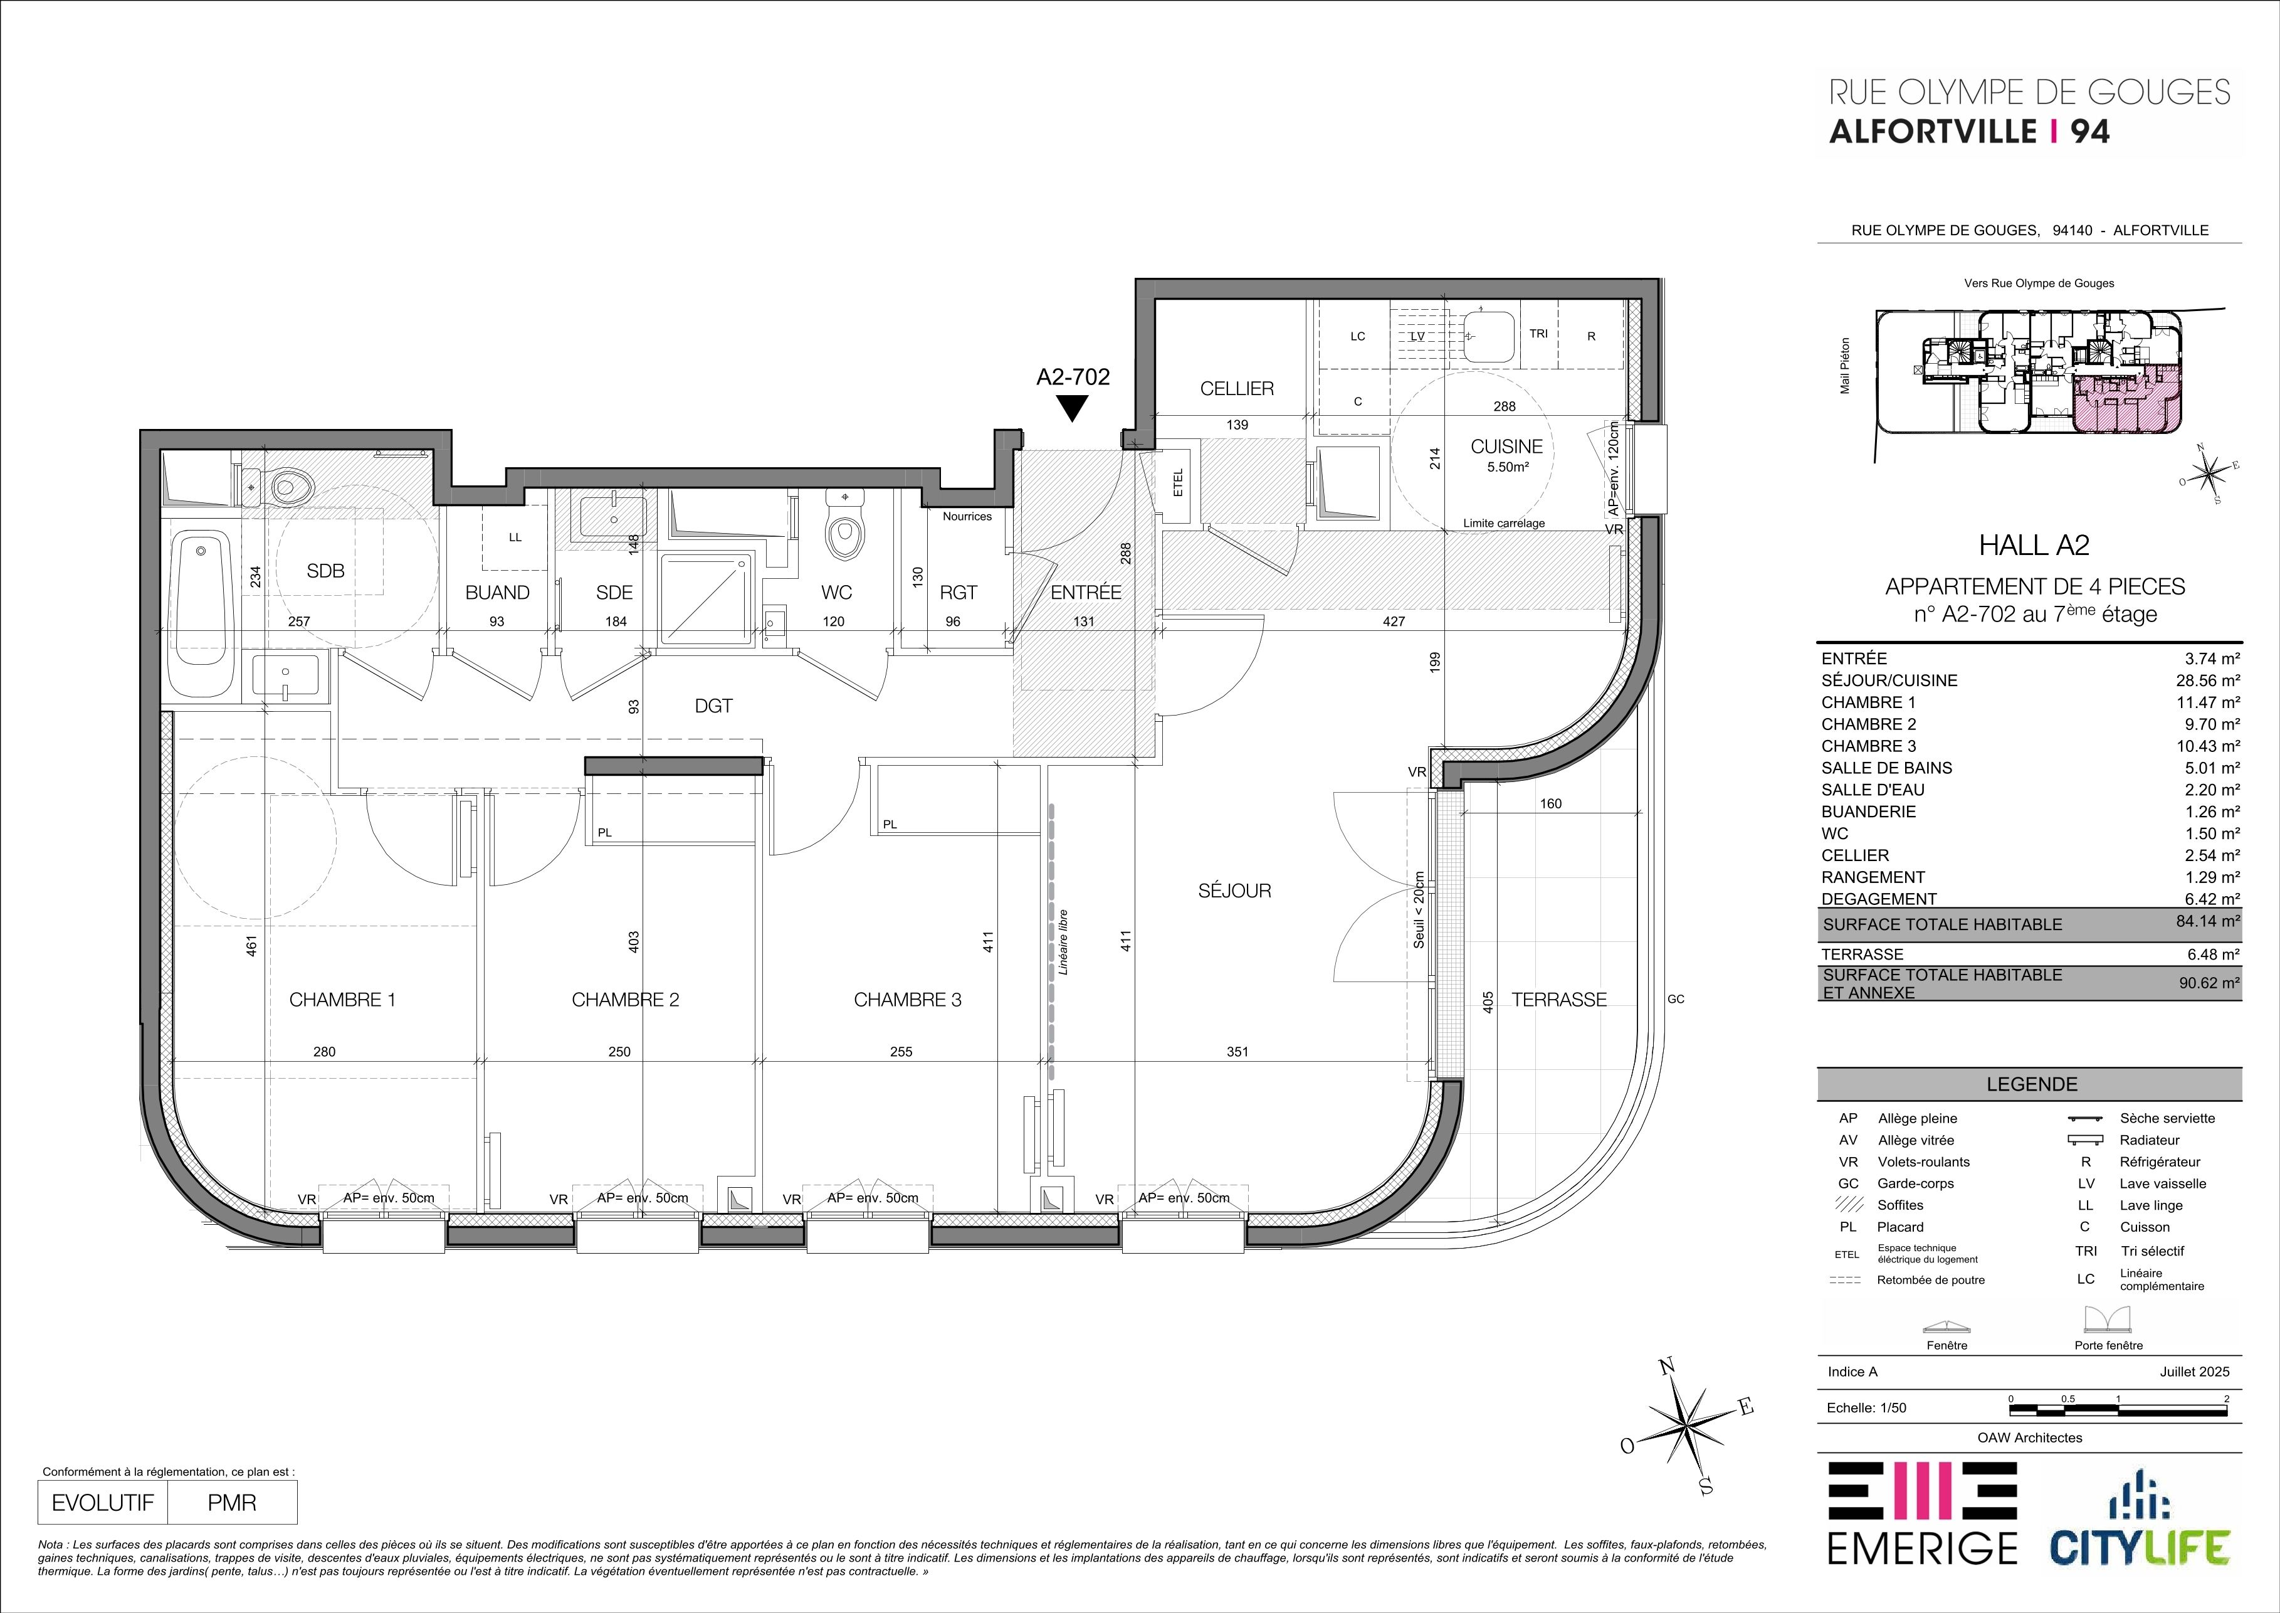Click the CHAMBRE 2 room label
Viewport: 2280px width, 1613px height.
[626, 1000]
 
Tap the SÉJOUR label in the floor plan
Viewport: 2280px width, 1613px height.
[1234, 891]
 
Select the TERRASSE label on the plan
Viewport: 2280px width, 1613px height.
[1559, 1000]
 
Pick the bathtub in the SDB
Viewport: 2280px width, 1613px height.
[199, 616]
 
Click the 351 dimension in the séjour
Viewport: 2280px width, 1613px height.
[1237, 1052]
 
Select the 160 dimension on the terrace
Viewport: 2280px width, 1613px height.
[1550, 803]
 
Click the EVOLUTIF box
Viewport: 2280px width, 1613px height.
[103, 1503]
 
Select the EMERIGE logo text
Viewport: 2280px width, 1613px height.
[1923, 1575]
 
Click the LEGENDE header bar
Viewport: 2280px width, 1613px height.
[2030, 1084]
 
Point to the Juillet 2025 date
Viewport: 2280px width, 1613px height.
[2195, 1372]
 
